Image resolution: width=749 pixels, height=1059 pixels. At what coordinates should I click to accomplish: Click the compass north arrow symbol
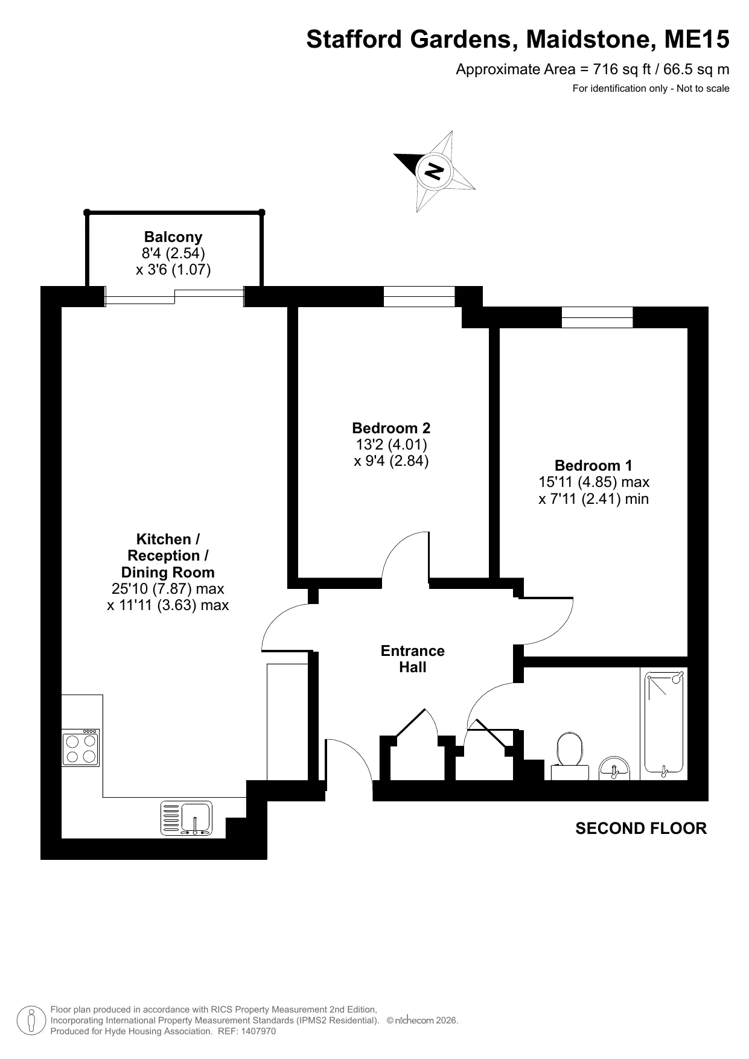(435, 171)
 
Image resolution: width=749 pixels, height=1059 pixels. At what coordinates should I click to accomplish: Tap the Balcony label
(173, 237)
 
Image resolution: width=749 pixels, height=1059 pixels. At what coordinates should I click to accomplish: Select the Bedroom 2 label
(391, 428)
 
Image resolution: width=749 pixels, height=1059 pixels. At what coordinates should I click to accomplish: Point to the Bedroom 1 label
(593, 466)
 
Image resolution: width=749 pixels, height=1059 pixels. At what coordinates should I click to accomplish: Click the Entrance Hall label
(413, 659)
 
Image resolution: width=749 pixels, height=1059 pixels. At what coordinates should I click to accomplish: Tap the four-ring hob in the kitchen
(81, 748)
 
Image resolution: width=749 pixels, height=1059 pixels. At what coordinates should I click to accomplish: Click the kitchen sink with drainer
(186, 818)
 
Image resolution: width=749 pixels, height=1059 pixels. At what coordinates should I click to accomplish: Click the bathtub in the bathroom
(664, 723)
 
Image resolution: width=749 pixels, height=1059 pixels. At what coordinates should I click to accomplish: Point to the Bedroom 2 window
(419, 296)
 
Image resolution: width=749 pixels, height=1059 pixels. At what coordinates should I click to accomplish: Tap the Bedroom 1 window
(597, 317)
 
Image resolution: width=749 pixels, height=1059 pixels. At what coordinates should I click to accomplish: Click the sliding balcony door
(175, 296)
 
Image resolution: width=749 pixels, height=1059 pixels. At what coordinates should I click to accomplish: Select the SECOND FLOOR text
(641, 828)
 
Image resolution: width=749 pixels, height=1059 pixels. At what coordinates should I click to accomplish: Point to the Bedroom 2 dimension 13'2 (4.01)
(391, 445)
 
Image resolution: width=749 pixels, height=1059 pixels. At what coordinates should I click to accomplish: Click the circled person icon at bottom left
(31, 1020)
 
